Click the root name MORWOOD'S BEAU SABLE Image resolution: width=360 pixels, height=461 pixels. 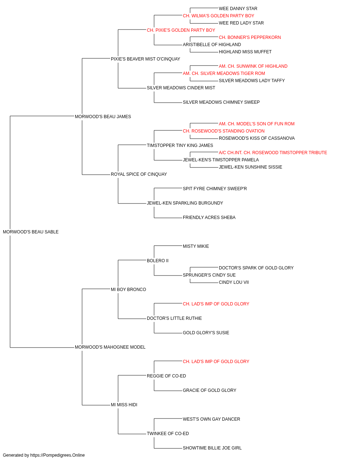pos(31,232)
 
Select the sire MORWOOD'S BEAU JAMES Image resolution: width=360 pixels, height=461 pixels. pos(103,117)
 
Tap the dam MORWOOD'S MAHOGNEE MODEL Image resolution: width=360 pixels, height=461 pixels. pos(110,347)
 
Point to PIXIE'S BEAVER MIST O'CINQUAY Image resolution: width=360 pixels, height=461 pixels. pos(145,59)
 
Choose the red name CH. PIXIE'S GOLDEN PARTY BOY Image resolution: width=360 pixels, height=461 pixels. pos(181,30)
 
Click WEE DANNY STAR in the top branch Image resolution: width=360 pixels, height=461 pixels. pos(238,9)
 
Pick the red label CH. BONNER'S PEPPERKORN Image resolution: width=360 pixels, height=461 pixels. pos(250,37)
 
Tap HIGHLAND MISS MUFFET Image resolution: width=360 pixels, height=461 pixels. pos(245,52)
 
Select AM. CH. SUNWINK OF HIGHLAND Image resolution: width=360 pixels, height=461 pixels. pos(253,66)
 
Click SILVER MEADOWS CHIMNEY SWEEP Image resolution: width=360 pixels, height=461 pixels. pos(221,102)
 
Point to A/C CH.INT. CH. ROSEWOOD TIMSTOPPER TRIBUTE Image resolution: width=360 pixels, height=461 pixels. pos(273,153)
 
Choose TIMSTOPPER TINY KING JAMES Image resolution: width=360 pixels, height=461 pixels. pos(180,145)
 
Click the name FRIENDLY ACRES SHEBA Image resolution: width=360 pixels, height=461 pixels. pos(209,218)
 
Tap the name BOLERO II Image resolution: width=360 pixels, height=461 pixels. pos(158,261)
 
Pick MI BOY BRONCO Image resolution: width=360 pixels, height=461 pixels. pos(129,290)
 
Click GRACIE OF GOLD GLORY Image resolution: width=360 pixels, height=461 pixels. pos(210,390)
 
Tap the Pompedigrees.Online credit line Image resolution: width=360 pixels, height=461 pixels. pos(44,455)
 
